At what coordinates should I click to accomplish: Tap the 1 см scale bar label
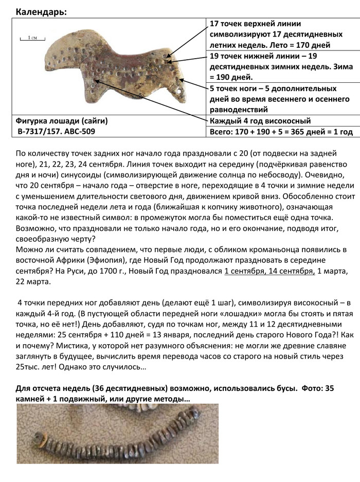pyautogui.click(x=32, y=38)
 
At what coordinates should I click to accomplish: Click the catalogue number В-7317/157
pyautogui.click(x=43, y=131)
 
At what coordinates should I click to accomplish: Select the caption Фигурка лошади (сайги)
pyautogui.click(x=62, y=121)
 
